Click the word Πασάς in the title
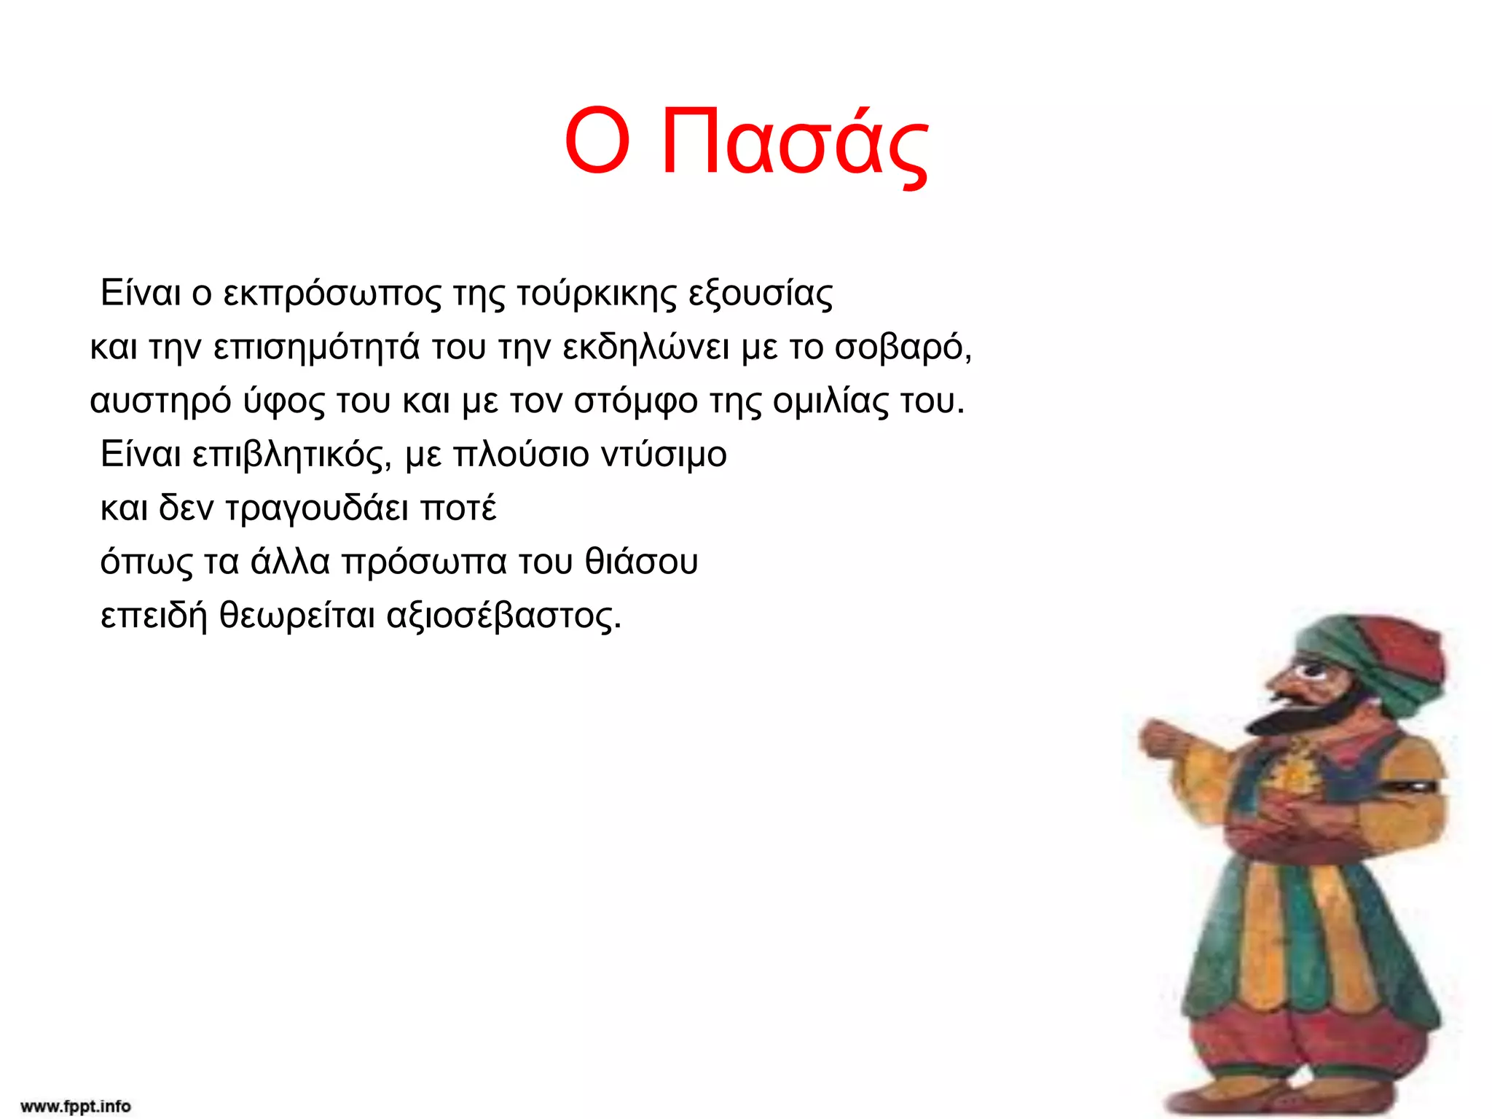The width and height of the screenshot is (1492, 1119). pyautogui.click(x=794, y=142)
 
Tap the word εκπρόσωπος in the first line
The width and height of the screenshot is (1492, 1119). pyautogui.click(x=332, y=294)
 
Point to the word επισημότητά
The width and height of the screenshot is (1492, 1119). pyautogui.click(x=316, y=348)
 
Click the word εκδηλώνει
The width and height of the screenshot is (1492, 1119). pyautogui.click(x=645, y=348)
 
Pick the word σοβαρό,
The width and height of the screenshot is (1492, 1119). pyautogui.click(x=903, y=348)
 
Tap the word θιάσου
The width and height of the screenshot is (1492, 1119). pyautogui.click(x=641, y=562)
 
